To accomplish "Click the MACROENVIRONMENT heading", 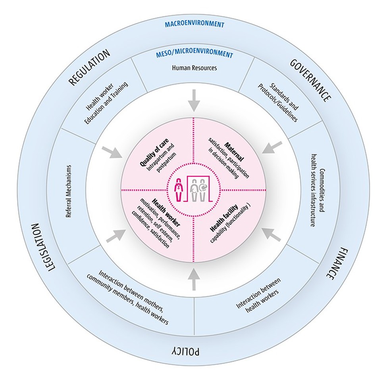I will pyautogui.click(x=194, y=25).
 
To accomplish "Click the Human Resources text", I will pyautogui.click(x=194, y=68).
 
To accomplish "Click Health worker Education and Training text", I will pyautogui.click(x=107, y=103).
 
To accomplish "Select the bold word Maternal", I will pyautogui.click(x=234, y=151).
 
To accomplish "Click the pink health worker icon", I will pyautogui.click(x=179, y=189).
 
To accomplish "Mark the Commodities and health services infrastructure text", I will pyautogui.click(x=318, y=190).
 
